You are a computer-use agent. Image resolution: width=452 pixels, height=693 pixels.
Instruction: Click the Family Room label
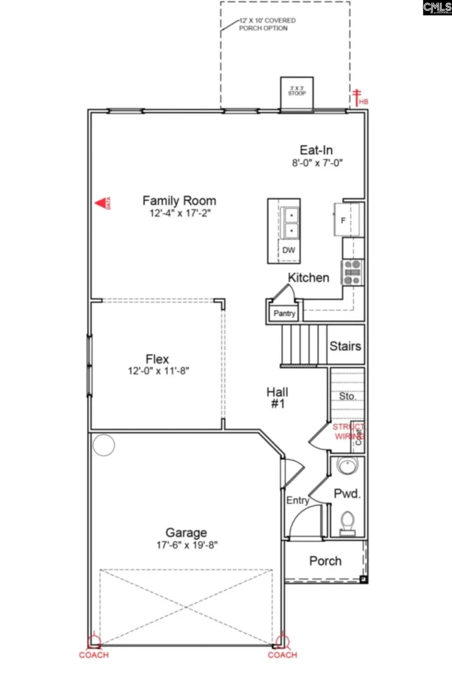pos(179,201)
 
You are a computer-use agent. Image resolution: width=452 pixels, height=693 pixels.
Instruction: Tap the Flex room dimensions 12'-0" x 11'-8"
pos(158,371)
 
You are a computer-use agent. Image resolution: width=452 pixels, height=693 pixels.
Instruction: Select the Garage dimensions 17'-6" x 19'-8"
pos(187,545)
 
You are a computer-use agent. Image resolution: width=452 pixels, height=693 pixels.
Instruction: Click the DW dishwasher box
pos(289,250)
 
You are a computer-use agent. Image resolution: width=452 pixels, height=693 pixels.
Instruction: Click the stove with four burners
pos(353,273)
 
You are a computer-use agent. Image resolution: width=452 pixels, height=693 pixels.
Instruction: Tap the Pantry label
pos(284,313)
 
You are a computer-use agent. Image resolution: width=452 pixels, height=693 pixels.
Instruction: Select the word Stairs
pos(345,346)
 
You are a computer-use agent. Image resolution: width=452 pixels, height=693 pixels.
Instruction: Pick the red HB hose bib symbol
pos(359,98)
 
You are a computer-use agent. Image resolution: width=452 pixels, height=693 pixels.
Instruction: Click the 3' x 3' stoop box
pos(297,92)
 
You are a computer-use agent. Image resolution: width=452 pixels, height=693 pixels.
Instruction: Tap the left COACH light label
pos(93,655)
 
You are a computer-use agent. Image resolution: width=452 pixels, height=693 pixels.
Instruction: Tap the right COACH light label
pos(282,655)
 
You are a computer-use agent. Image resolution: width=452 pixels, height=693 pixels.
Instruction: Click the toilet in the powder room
pos(347,522)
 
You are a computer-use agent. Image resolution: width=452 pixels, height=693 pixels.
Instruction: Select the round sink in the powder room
pos(347,466)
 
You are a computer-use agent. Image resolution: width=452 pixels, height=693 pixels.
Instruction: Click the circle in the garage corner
pos(104,444)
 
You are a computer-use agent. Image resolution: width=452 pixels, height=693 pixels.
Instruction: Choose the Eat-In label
pos(316,150)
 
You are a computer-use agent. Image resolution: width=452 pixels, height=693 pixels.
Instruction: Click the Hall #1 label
pos(277,397)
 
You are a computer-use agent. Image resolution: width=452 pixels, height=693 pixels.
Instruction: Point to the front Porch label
pos(325,561)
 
